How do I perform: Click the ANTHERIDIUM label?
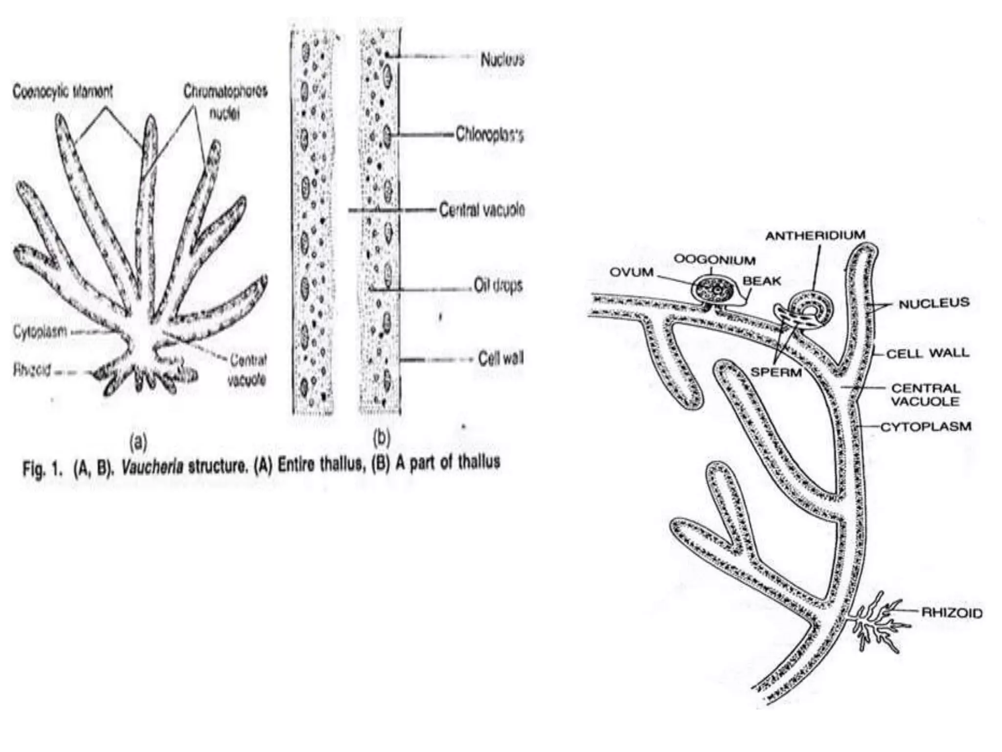(x=815, y=235)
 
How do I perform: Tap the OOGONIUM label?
(x=714, y=259)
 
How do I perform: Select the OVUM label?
(x=632, y=272)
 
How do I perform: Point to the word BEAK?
(x=762, y=281)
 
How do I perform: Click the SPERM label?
(x=776, y=373)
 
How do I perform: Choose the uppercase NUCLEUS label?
(x=934, y=304)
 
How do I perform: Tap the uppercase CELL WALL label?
(x=928, y=353)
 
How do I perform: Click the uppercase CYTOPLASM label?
(x=926, y=427)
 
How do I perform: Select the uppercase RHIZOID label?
(x=952, y=612)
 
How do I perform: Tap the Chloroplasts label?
(x=489, y=135)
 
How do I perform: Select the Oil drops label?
(x=498, y=285)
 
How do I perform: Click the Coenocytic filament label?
(x=63, y=92)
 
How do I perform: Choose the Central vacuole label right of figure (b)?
(x=482, y=210)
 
